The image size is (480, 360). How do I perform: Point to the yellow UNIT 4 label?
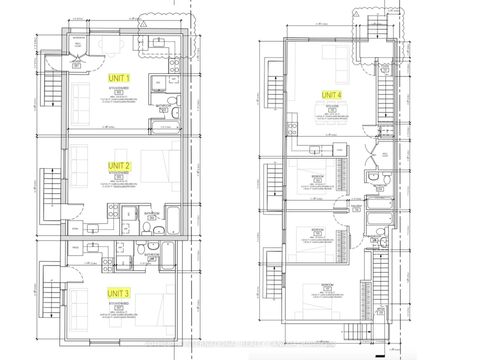(x=331, y=94)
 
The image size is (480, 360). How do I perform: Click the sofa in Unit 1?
(x=79, y=101)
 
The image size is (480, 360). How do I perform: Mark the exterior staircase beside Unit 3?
(x=43, y=300)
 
